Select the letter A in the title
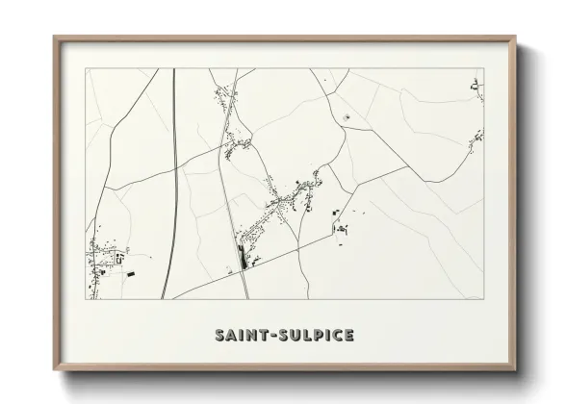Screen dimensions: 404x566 pos(232,336)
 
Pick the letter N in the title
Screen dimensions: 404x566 pos(255,336)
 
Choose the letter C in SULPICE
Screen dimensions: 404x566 pos(338,336)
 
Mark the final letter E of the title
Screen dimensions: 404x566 pos(348,336)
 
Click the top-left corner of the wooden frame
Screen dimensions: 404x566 pos(54,38)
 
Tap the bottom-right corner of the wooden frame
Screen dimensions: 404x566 pos(517,370)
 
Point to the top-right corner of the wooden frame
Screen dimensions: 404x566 pos(517,38)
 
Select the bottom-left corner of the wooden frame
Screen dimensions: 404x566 pos(54,370)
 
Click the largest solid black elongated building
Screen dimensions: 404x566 pos(241,256)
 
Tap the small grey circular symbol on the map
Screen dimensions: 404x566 pos(346,118)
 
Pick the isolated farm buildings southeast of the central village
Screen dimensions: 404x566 pos(340,228)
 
